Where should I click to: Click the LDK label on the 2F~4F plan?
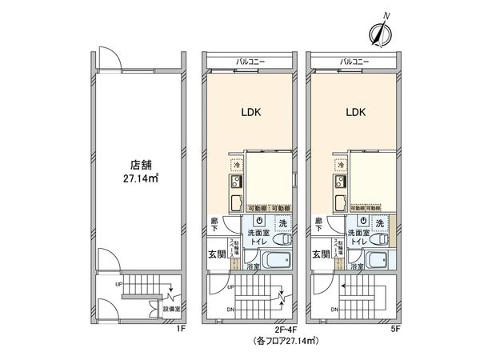coord(254,113)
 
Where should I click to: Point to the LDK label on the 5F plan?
coord(356,113)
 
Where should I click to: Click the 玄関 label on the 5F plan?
coord(321,254)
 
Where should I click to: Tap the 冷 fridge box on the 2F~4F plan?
coord(236,166)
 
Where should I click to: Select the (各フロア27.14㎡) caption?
coord(286,341)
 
